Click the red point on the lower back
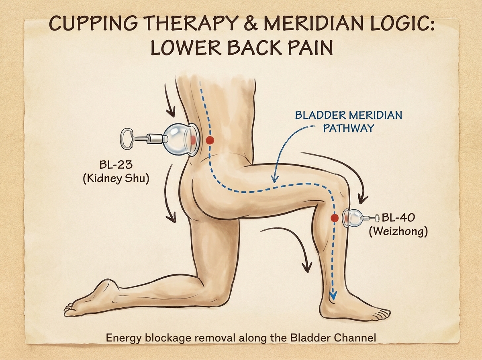(209, 140)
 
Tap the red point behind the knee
(333, 218)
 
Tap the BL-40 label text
(399, 218)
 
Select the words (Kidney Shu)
(116, 178)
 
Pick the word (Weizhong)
(398, 232)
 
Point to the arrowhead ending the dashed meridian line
(332, 297)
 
